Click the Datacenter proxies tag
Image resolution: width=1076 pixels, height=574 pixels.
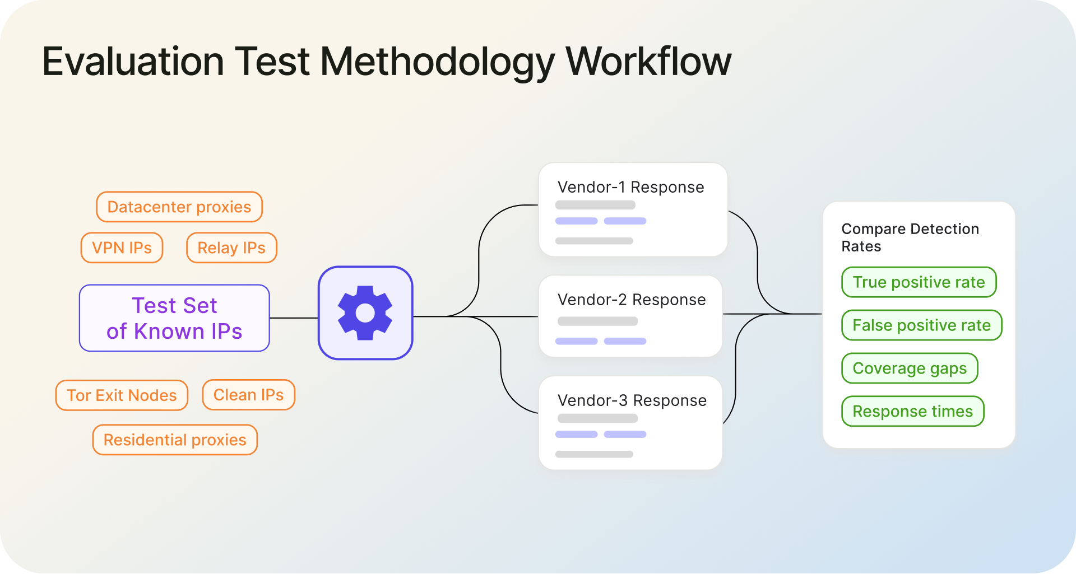tap(179, 207)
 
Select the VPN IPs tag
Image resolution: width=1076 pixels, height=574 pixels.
tap(122, 248)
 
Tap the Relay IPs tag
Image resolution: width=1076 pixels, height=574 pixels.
tap(231, 248)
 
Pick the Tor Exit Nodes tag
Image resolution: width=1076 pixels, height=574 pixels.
tap(122, 395)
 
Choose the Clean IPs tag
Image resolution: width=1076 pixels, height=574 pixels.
tap(248, 395)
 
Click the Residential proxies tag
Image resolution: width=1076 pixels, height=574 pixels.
tap(175, 440)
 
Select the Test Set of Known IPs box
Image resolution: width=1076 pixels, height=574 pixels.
tap(174, 318)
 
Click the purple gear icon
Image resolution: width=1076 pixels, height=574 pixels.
tap(365, 313)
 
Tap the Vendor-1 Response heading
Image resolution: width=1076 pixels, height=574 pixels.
tap(630, 187)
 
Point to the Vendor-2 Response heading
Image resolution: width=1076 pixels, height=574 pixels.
tap(632, 300)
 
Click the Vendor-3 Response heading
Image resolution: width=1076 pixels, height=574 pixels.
tap(632, 400)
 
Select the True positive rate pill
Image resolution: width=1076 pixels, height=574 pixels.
tap(919, 282)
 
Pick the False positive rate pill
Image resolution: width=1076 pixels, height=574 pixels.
tap(921, 325)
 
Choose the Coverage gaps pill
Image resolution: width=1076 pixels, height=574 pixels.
tap(910, 368)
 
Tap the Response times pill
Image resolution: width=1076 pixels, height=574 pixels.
tap(912, 412)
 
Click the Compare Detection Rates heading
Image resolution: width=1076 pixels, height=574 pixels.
tap(910, 237)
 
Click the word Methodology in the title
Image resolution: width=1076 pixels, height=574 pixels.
tap(437, 62)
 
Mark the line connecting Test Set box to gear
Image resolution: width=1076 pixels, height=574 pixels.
tap(294, 318)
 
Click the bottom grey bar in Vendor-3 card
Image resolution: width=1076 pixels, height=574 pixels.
tap(594, 454)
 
